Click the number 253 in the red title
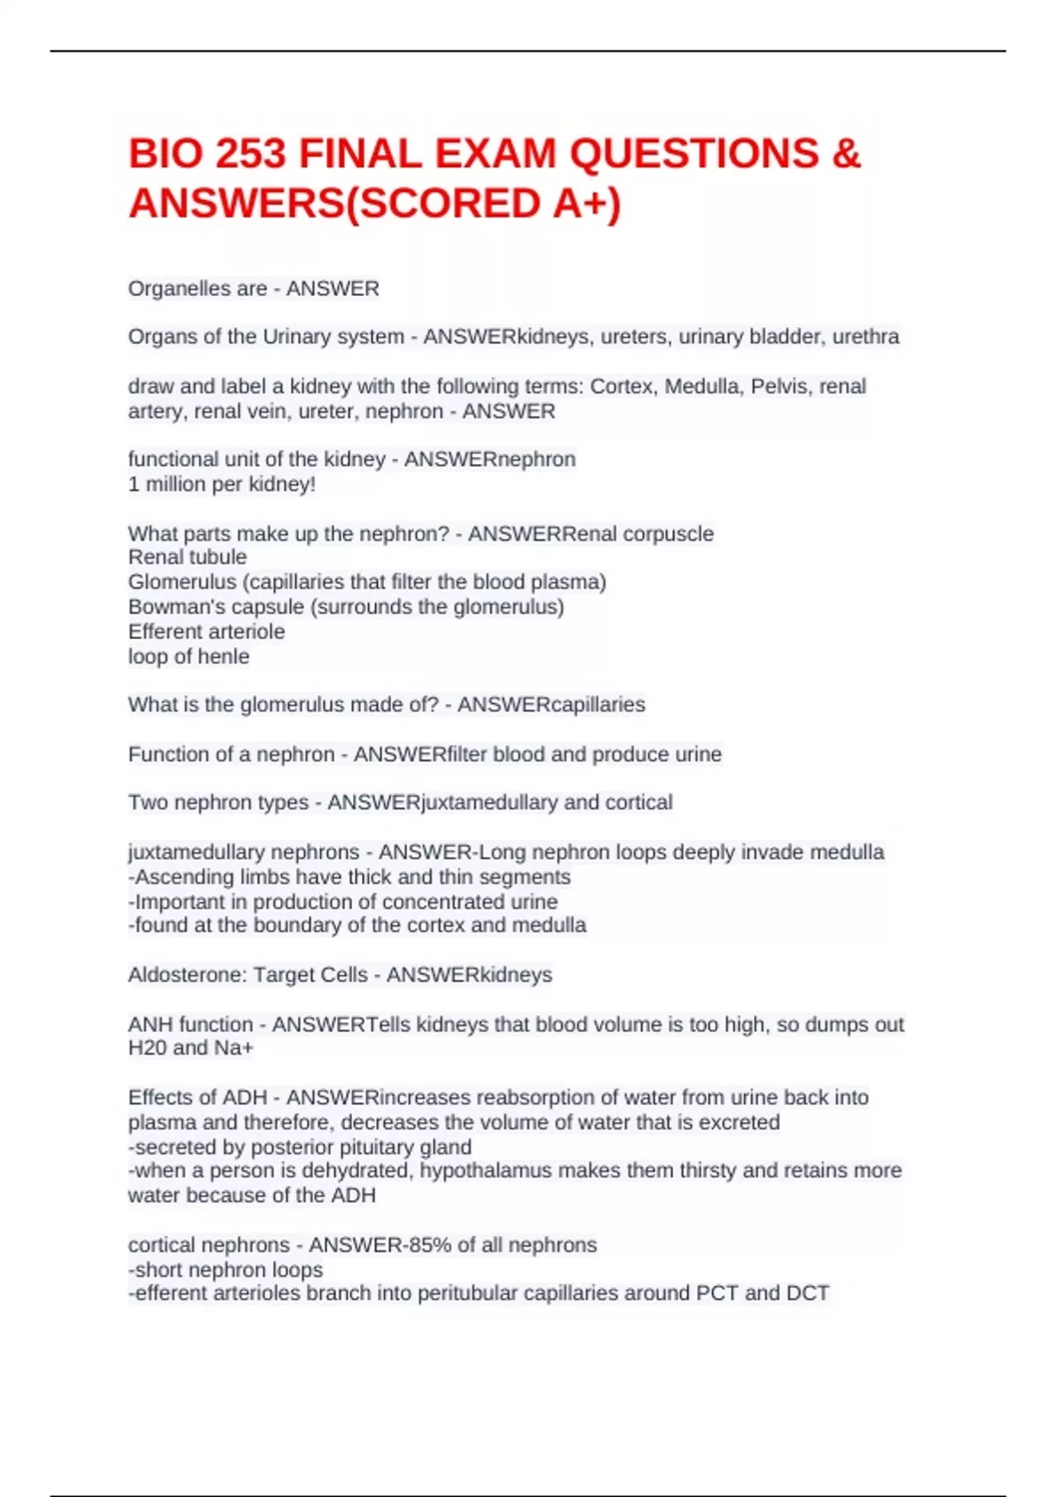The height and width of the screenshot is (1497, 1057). pyautogui.click(x=250, y=154)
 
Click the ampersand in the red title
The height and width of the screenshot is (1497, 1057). pyautogui.click(x=846, y=154)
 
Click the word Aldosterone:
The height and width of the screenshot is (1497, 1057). pyautogui.click(x=188, y=975)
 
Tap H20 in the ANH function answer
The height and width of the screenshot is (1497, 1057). pyautogui.click(x=147, y=1048)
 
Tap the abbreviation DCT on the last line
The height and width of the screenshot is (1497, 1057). pyautogui.click(x=808, y=1294)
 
